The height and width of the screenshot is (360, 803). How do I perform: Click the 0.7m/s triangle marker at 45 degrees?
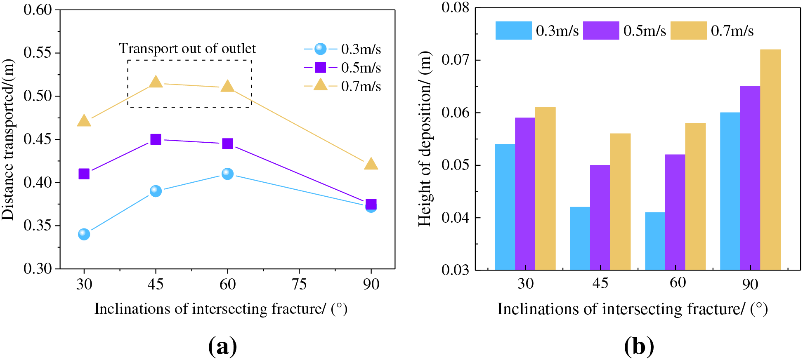pyautogui.click(x=156, y=82)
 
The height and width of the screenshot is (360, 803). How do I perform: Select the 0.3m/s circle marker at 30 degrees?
pyautogui.click(x=84, y=234)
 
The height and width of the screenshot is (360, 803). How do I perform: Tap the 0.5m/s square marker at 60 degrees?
pyautogui.click(x=227, y=144)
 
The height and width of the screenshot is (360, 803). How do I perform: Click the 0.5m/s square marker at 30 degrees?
pyautogui.click(x=84, y=174)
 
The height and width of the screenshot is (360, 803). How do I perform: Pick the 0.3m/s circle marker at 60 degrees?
pyautogui.click(x=227, y=174)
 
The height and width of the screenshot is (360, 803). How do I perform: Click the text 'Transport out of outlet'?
pyautogui.click(x=187, y=49)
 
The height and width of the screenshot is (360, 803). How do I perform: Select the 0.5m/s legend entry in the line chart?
pyautogui.click(x=342, y=68)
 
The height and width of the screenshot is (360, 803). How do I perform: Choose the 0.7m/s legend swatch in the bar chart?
pyautogui.click(x=688, y=31)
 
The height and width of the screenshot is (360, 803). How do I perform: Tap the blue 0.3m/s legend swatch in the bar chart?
pyautogui.click(x=513, y=31)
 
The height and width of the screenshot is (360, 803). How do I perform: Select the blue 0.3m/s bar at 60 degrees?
pyautogui.click(x=655, y=241)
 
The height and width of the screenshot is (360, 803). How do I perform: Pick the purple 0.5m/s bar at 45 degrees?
pyautogui.click(x=600, y=217)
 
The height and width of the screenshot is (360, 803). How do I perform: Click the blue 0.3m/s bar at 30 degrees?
pyautogui.click(x=505, y=207)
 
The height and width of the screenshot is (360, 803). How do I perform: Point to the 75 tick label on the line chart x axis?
pyautogui.click(x=299, y=284)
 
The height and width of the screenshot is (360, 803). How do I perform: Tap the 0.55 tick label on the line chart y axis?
pyautogui.click(x=38, y=53)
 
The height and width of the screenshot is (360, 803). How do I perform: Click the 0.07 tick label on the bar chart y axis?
pyautogui.click(x=455, y=60)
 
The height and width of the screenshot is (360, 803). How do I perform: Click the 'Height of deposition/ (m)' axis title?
pyautogui.click(x=425, y=139)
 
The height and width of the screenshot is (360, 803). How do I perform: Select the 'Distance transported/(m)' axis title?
pyautogui.click(x=8, y=139)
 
